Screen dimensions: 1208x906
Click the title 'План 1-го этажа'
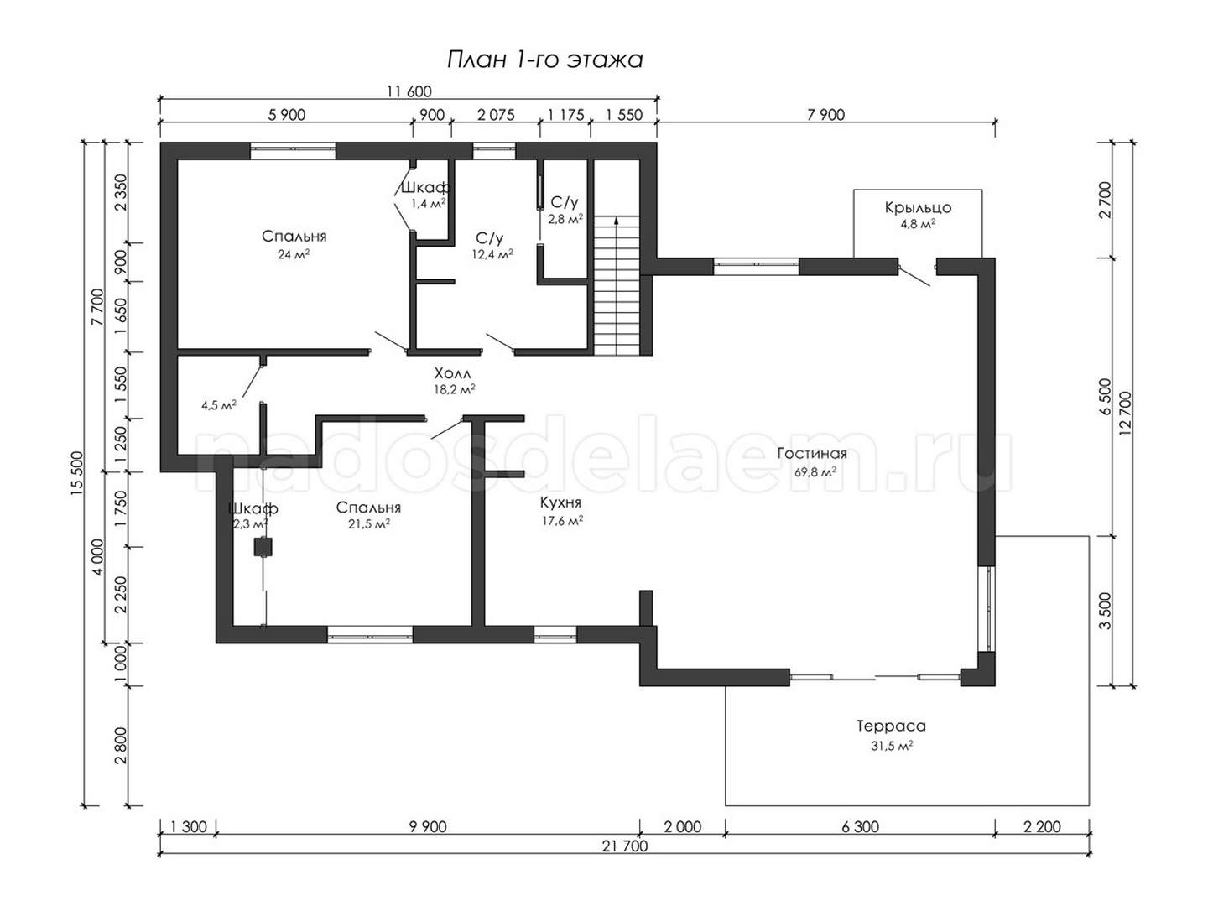click(x=544, y=60)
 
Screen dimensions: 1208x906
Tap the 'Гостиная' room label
click(x=811, y=454)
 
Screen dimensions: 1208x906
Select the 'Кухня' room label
click(x=560, y=502)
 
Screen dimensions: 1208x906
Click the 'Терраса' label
click(x=890, y=726)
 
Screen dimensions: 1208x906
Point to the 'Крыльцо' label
click(x=918, y=208)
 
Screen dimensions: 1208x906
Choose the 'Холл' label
click(x=452, y=374)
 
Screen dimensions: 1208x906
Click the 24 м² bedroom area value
click(x=294, y=254)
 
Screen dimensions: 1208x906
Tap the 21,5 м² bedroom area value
click(x=369, y=524)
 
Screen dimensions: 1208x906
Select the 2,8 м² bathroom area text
click(x=565, y=219)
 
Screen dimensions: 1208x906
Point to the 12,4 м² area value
click(x=492, y=254)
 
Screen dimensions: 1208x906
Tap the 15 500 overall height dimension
click(x=76, y=473)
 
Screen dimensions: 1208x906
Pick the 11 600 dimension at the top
click(x=409, y=91)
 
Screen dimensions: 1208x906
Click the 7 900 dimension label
click(x=826, y=115)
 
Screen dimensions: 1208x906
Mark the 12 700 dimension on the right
click(x=1126, y=414)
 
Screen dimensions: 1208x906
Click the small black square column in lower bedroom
click(x=263, y=547)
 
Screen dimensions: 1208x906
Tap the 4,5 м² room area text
click(x=218, y=405)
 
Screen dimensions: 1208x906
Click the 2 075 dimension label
click(x=496, y=115)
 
